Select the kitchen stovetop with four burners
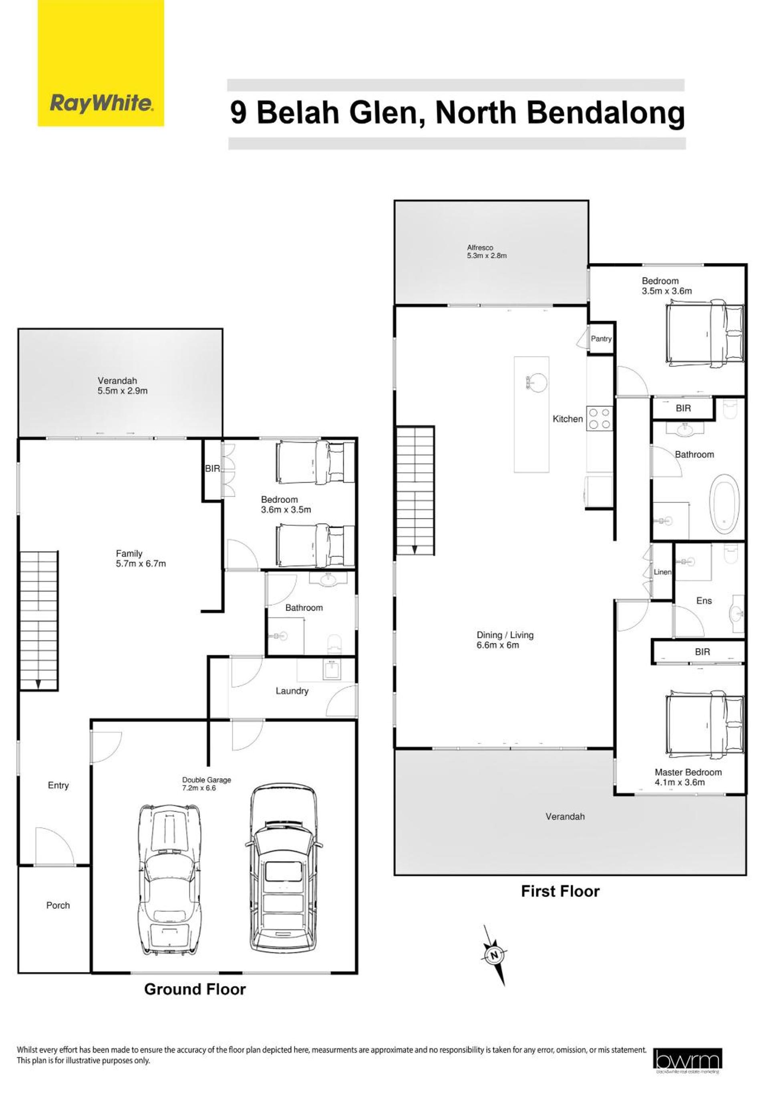pos(600,418)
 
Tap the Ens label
pos(704,601)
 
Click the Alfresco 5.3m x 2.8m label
pos(487,252)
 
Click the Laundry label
pos(292,691)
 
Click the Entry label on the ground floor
pos(58,785)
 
